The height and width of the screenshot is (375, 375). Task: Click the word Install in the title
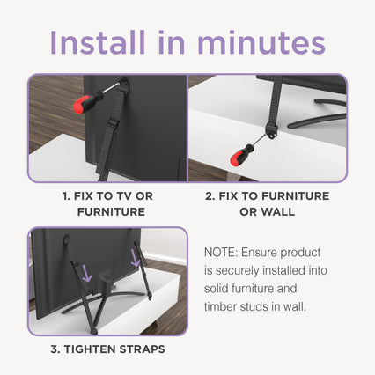98,42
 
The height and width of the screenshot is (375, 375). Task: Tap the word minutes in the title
261,42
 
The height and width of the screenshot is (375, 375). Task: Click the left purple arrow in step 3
86,273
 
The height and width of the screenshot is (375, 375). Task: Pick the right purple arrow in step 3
136,257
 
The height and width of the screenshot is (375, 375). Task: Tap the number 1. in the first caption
66,196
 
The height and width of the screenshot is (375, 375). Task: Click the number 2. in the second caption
210,196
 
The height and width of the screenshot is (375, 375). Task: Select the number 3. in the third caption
55,349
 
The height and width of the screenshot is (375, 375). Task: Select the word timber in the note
220,306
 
